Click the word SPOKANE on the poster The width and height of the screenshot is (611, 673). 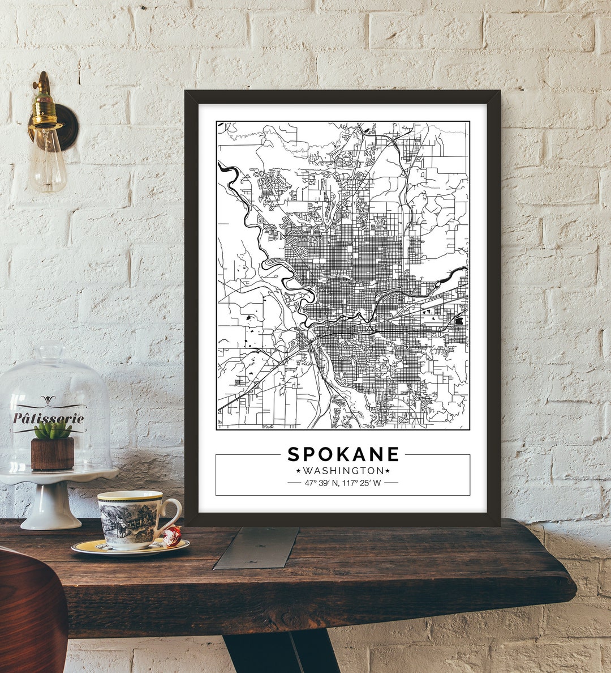(x=343, y=454)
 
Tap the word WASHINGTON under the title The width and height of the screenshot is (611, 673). (x=343, y=471)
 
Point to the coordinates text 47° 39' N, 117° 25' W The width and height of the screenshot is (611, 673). (x=343, y=483)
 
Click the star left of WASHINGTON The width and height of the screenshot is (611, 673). (x=298, y=471)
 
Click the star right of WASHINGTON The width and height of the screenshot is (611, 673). (x=388, y=471)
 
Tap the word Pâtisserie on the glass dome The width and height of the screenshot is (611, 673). (x=49, y=419)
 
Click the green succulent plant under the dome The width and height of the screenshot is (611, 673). (x=52, y=430)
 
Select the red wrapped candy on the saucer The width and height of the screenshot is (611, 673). (x=173, y=534)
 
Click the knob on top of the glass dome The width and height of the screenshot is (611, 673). (x=50, y=350)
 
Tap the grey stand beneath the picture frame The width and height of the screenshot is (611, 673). (x=257, y=547)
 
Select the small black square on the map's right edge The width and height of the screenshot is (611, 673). (x=459, y=321)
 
